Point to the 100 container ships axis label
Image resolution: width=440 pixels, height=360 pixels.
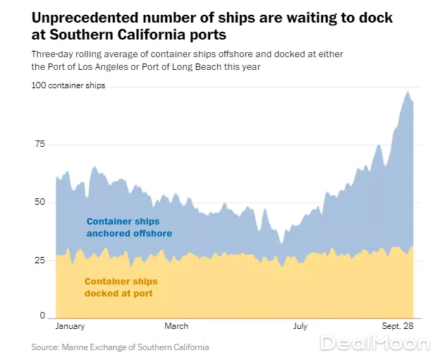[68, 85]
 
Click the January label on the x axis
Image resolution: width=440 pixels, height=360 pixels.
[70, 326]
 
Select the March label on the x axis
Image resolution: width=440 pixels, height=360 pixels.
[176, 326]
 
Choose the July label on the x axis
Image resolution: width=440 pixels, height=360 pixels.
[300, 326]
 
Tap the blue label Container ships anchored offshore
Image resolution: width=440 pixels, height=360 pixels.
[129, 227]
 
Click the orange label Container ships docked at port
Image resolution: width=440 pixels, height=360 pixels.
[121, 287]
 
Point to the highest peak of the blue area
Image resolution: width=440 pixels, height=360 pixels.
[408, 91]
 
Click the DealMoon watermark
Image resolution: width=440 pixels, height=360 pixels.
[374, 344]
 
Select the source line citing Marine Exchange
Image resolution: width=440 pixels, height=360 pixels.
[120, 347]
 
